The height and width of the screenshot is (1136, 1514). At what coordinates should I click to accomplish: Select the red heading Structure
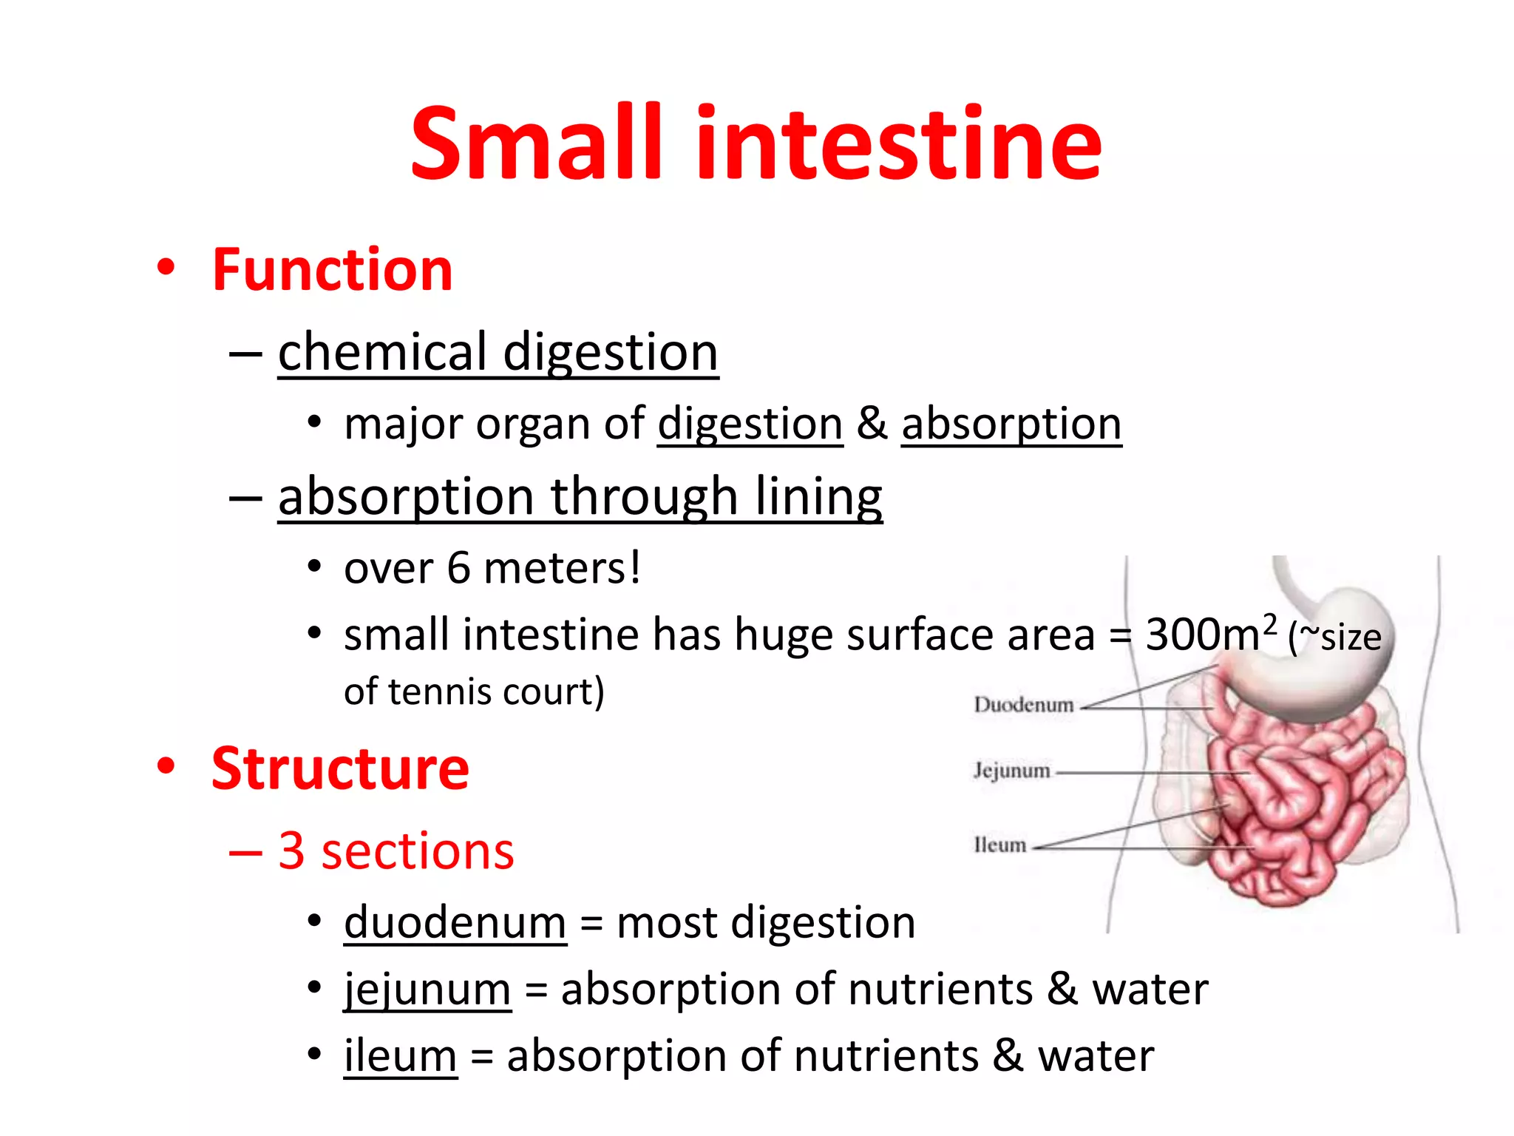[340, 769]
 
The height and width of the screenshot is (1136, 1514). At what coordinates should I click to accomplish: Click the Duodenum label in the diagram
[1023, 705]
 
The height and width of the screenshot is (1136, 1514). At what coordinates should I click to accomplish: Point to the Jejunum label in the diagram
[1011, 771]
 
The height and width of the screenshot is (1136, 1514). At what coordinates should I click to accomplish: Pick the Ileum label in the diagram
[999, 845]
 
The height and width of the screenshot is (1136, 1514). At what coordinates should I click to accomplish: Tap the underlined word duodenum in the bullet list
[455, 923]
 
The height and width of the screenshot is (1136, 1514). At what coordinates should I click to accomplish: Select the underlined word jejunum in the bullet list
[427, 990]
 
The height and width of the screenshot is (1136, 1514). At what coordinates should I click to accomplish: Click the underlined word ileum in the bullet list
[400, 1055]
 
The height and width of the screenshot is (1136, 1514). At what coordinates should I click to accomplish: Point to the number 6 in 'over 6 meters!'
[458, 569]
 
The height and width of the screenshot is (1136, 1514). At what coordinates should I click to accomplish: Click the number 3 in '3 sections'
[291, 851]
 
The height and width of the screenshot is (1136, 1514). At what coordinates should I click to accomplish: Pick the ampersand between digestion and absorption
[872, 425]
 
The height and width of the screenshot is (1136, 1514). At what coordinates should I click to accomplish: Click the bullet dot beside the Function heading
[166, 268]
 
